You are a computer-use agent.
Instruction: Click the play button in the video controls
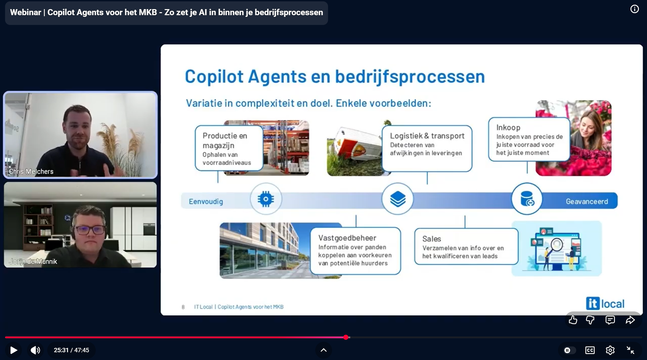(13, 350)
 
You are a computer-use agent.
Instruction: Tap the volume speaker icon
(35, 350)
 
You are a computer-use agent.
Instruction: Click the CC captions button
(590, 350)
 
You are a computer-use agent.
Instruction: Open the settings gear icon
(610, 350)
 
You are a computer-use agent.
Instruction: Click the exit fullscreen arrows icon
(630, 350)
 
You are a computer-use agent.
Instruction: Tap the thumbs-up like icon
(573, 320)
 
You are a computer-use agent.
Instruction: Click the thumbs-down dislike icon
(590, 320)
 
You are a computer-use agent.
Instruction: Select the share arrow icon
(630, 320)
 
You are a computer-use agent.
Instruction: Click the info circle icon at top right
(635, 9)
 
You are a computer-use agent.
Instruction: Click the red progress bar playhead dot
(346, 337)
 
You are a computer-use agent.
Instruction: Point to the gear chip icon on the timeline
(266, 199)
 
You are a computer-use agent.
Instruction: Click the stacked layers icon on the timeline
(398, 199)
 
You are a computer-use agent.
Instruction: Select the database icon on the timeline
(527, 199)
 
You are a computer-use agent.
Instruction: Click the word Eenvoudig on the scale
(206, 202)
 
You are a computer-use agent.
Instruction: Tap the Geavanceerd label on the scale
(587, 202)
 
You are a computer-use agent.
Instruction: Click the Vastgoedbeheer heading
(347, 238)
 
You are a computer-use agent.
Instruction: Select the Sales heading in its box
(432, 239)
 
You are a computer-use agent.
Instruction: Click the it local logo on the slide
(605, 303)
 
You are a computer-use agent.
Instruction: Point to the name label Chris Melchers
(31, 172)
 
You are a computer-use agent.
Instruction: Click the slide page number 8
(183, 307)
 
